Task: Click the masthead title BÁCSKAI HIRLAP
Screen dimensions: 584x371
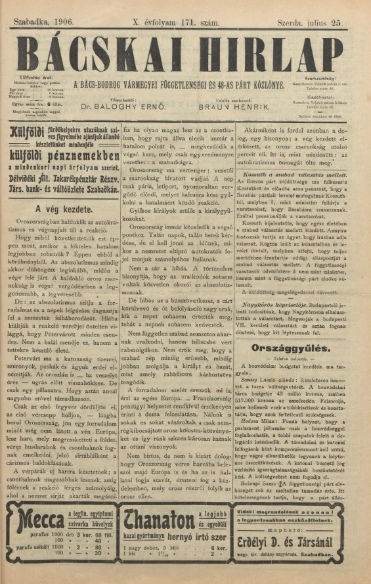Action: point(185,45)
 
